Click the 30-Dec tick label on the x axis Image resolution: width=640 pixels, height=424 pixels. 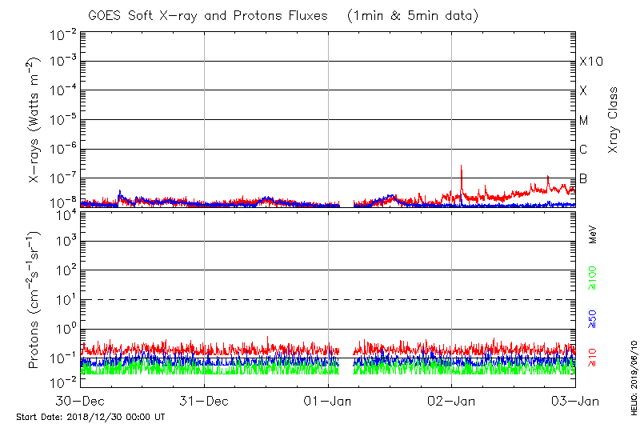click(x=81, y=401)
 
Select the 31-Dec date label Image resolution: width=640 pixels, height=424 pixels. click(x=205, y=401)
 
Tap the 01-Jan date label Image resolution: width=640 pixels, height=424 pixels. click(x=329, y=401)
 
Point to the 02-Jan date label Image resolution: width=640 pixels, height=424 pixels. click(x=452, y=401)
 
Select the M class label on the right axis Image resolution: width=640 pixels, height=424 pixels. click(x=584, y=121)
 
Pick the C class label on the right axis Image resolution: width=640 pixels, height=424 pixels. click(x=584, y=150)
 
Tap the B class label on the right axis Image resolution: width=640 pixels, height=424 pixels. click(x=584, y=178)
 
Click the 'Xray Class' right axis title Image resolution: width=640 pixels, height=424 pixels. click(x=614, y=120)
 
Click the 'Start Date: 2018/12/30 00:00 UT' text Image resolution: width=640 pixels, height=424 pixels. click(x=90, y=417)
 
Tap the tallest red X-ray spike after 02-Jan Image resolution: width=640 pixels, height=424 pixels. click(x=462, y=166)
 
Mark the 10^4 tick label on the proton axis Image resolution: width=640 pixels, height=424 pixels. click(x=64, y=213)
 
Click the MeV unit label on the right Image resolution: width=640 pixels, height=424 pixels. click(x=593, y=234)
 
